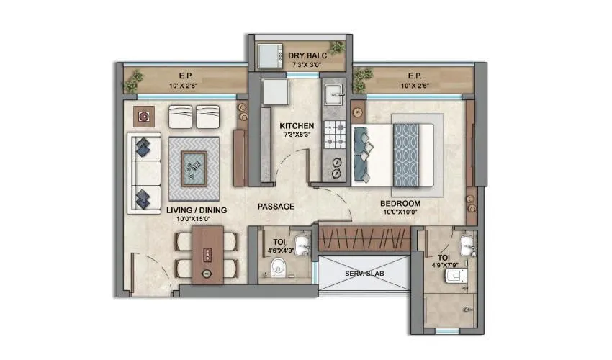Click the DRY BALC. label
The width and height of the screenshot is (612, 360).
(x=307, y=55)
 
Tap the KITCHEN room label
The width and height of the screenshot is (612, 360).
(x=297, y=126)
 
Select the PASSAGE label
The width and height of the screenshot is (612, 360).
(x=276, y=207)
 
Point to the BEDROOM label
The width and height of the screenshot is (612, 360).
(x=400, y=204)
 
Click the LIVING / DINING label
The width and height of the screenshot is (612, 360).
(x=197, y=210)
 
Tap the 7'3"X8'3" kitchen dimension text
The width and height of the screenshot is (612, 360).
(x=297, y=135)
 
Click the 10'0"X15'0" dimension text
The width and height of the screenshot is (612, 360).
(x=197, y=220)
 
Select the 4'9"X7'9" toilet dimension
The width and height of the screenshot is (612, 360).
(x=443, y=266)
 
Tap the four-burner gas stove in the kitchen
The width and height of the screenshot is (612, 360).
(x=336, y=133)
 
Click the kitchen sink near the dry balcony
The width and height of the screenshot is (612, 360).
(x=336, y=95)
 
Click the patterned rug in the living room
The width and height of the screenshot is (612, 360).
(x=195, y=168)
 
